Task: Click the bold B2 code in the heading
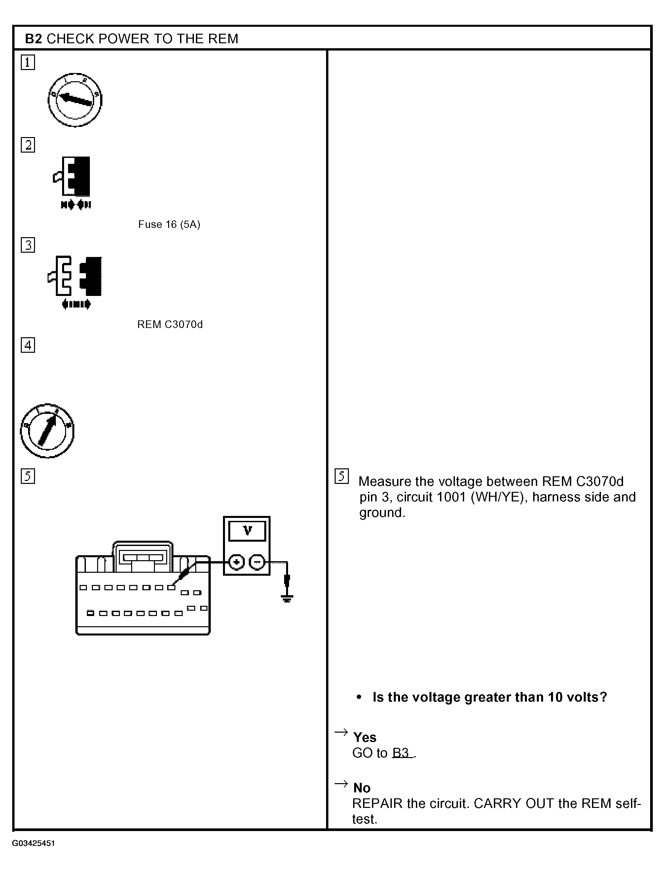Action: point(33,39)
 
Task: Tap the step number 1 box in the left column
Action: point(28,62)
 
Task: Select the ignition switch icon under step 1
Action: point(75,100)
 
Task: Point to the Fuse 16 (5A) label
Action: point(169,224)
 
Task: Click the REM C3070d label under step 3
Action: point(170,324)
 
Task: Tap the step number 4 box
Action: point(28,345)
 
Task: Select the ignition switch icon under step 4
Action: point(47,431)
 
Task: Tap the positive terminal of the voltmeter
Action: point(237,562)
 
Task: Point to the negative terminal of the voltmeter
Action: point(257,562)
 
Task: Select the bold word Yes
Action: point(365,737)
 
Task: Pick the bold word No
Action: point(362,788)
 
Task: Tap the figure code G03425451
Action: point(33,843)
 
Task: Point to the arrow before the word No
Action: point(341,784)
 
